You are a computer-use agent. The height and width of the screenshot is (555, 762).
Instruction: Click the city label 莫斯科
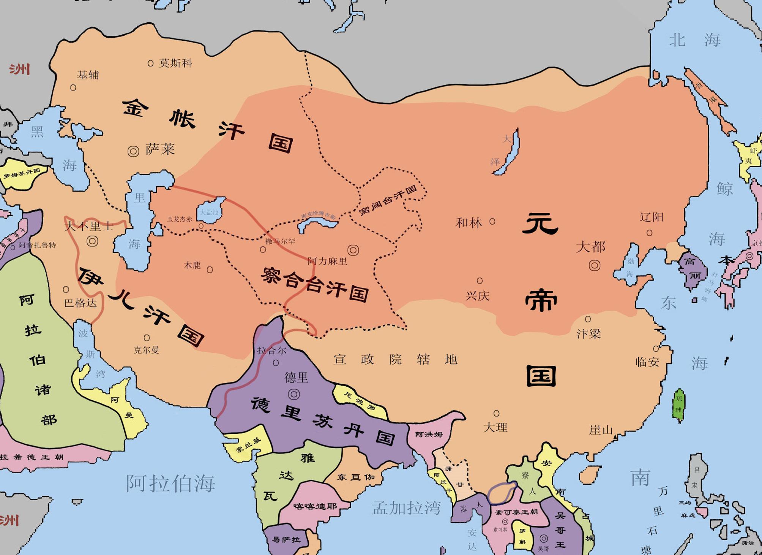pyautogui.click(x=175, y=63)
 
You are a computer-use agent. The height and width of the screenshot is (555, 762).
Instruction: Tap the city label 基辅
pyautogui.click(x=88, y=75)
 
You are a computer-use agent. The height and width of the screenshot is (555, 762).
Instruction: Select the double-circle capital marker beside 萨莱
pyautogui.click(x=133, y=151)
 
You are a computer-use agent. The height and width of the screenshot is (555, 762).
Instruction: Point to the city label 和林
pyautogui.click(x=469, y=223)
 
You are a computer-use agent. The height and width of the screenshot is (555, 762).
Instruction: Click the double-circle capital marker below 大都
pyautogui.click(x=594, y=265)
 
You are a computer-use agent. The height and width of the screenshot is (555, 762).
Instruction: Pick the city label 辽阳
pyautogui.click(x=652, y=217)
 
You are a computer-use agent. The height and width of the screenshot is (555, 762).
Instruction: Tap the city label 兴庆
pyautogui.click(x=478, y=296)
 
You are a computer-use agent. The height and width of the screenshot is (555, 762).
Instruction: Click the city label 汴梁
pyautogui.click(x=588, y=334)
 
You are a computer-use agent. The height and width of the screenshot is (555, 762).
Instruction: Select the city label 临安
pyautogui.click(x=647, y=362)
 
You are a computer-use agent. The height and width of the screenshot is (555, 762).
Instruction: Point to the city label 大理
pyautogui.click(x=495, y=427)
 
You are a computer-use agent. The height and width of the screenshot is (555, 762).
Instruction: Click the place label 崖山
pyautogui.click(x=601, y=430)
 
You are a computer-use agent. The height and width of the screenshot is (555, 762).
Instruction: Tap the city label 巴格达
pyautogui.click(x=80, y=303)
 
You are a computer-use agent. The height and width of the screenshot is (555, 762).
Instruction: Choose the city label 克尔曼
pyautogui.click(x=147, y=349)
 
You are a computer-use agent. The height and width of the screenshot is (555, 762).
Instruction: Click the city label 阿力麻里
pyautogui.click(x=327, y=261)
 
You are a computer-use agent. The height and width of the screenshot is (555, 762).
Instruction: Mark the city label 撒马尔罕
pyautogui.click(x=280, y=241)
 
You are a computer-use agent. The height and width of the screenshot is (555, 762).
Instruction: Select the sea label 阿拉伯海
pyautogui.click(x=170, y=483)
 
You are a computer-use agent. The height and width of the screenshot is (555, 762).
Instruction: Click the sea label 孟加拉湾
pyautogui.click(x=406, y=507)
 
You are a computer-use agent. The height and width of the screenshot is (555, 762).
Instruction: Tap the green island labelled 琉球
pyautogui.click(x=679, y=405)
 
